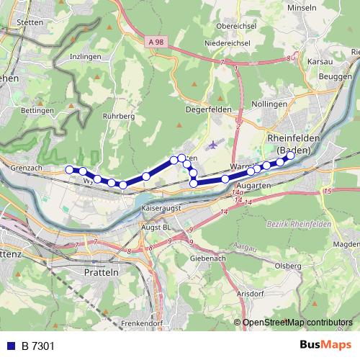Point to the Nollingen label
coord(271,104)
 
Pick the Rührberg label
coord(120,115)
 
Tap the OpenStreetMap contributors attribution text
coord(298,323)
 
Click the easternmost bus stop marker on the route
coord(291,155)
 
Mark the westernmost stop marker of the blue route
coord(70,169)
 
